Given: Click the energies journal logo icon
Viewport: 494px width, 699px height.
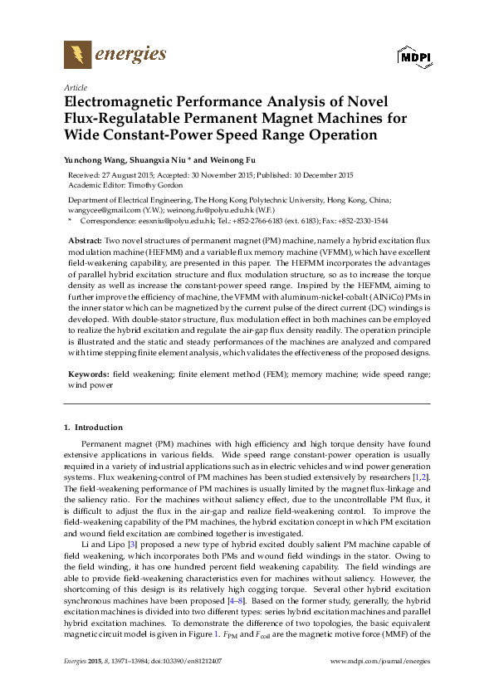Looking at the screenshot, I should click(78, 56).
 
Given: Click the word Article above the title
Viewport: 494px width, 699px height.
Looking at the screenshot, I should click(74, 87).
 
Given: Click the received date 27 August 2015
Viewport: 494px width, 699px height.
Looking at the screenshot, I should click(127, 175).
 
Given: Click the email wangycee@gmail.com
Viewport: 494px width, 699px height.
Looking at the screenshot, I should click(102, 211).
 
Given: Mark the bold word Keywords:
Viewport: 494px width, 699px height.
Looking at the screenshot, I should click(88, 374).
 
